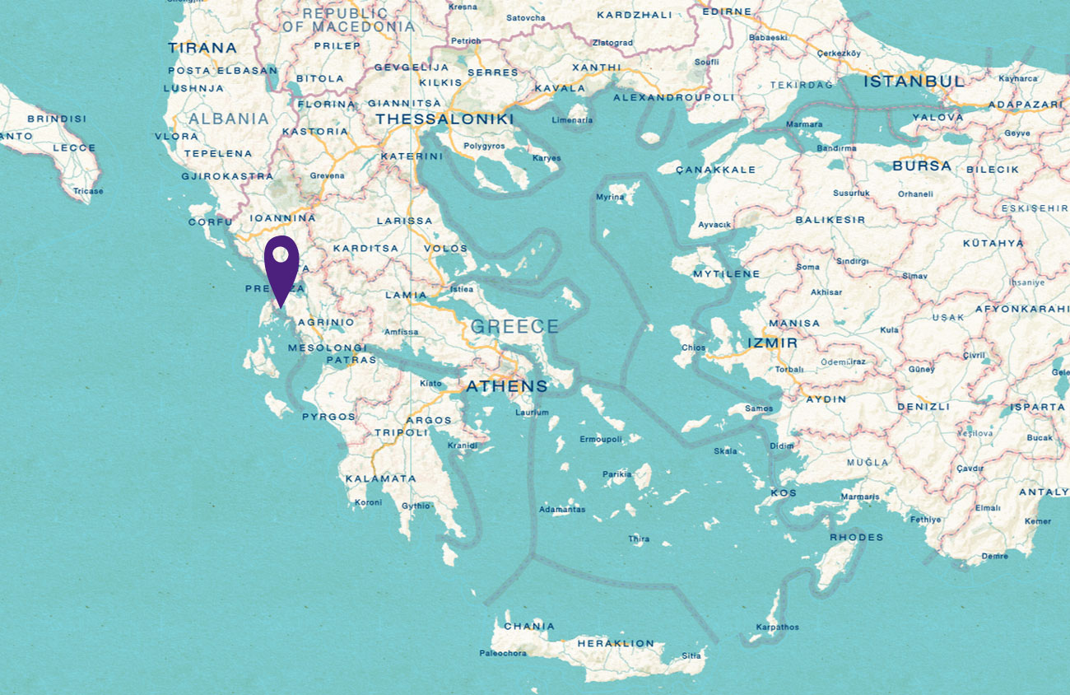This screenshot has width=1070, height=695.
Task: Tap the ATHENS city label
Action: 506,386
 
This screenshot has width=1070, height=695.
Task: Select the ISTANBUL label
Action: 914,82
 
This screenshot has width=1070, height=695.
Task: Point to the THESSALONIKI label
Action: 444,120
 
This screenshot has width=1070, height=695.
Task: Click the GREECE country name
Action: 514,327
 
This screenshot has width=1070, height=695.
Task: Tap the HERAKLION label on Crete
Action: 616,643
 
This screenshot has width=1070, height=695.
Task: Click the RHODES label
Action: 856,538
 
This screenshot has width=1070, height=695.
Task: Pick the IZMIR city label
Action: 772,343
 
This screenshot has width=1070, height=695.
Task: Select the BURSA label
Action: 921,166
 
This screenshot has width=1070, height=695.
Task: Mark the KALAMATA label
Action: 380,478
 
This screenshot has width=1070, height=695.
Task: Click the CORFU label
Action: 211,222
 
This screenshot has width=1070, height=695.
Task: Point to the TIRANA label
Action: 202,48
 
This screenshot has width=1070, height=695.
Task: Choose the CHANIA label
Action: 528,626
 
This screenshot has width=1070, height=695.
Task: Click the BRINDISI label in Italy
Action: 56,119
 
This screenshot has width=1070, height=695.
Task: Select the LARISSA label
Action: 404,221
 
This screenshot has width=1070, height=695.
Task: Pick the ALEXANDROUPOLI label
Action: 673,97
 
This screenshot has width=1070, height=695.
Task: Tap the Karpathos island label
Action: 777,627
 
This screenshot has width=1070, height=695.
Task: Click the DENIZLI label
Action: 923,407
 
